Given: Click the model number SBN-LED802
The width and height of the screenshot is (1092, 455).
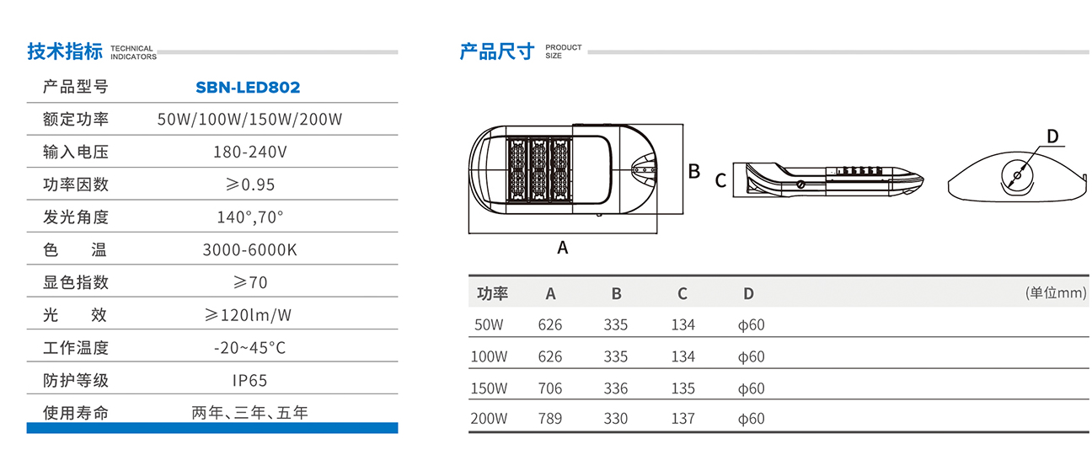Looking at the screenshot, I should (x=248, y=87).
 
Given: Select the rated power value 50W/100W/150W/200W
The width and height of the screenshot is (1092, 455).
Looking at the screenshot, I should (x=250, y=119).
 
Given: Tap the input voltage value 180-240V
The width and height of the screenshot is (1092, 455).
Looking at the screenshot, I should (x=250, y=153).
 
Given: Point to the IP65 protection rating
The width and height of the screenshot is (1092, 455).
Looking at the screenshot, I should (x=250, y=380).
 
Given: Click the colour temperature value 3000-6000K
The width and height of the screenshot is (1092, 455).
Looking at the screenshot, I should (x=250, y=250).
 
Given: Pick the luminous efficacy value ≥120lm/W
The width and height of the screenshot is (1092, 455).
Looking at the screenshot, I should (x=249, y=315).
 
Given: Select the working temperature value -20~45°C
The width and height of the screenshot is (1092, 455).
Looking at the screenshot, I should (x=250, y=347).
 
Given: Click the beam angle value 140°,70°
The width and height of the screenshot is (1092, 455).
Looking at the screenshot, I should (x=250, y=217).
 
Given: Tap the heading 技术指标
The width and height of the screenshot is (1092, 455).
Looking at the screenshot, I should (x=65, y=51).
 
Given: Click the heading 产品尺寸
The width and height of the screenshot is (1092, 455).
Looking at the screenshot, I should (x=497, y=51).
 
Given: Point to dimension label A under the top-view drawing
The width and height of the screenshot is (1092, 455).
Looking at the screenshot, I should (x=563, y=248).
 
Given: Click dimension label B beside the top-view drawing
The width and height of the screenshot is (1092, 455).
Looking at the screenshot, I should (x=694, y=171).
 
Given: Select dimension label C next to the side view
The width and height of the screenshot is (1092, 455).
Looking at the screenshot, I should (x=720, y=180).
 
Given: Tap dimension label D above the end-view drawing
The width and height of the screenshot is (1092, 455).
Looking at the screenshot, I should (x=1052, y=136).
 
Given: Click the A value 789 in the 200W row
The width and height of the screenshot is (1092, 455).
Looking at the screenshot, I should (x=549, y=419).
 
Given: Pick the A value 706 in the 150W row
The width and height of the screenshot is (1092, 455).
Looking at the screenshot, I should (x=549, y=388).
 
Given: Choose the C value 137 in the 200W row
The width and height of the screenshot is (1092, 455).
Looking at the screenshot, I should (x=683, y=419).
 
